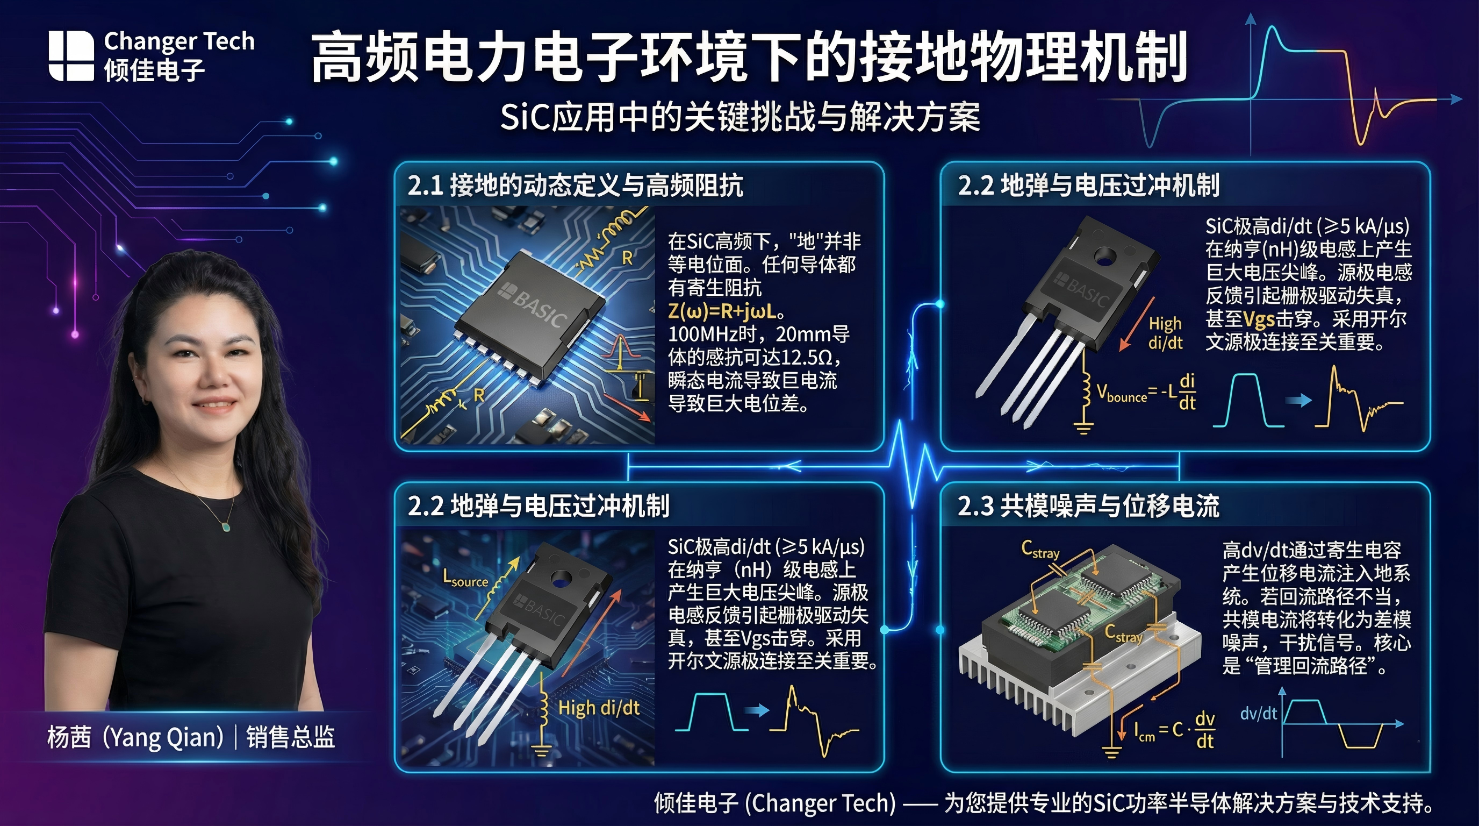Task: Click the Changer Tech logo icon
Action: [71, 56]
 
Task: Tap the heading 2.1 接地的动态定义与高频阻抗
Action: [575, 186]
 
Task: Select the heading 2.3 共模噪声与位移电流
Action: [1087, 506]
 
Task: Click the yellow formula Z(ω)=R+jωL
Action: [726, 311]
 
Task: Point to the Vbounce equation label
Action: [1146, 393]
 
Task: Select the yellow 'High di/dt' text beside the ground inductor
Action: [598, 708]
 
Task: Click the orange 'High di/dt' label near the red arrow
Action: [1165, 332]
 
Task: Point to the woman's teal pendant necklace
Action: [226, 526]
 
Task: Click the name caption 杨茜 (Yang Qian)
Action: [135, 737]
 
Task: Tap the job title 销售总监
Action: [291, 737]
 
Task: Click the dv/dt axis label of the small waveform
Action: [1258, 714]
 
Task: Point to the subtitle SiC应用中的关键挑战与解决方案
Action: [739, 117]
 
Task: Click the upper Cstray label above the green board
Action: [1040, 550]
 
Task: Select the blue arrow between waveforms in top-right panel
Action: [1297, 401]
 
